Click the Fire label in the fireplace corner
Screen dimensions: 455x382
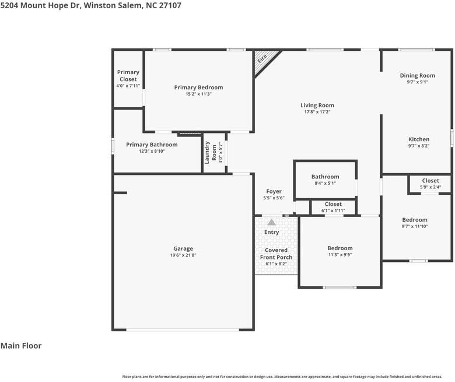coord(262,59)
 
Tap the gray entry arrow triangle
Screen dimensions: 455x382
coord(272,222)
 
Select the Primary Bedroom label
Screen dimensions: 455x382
coord(198,87)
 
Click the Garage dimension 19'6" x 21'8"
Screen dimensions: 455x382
coord(183,255)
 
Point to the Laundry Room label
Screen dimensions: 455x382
coord(211,153)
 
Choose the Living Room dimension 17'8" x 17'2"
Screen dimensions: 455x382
coord(317,112)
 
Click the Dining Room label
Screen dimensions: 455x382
coord(418,75)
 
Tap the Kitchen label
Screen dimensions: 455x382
coord(419,139)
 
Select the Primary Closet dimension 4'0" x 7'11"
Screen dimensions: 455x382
coord(128,86)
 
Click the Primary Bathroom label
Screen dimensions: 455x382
coord(152,145)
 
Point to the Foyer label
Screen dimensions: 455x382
coord(274,191)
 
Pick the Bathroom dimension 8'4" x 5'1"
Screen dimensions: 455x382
coord(325,183)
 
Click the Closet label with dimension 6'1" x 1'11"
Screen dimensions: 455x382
coord(333,204)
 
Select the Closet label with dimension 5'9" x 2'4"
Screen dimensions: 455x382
coord(430,180)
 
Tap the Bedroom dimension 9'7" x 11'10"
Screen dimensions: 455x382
coord(415,226)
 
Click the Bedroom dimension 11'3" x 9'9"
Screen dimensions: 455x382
coord(340,255)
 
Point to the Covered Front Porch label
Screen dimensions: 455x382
coord(276,254)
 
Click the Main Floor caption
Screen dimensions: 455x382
coord(21,346)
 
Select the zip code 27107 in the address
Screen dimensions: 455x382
coord(170,5)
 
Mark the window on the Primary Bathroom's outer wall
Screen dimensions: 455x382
coord(113,146)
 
